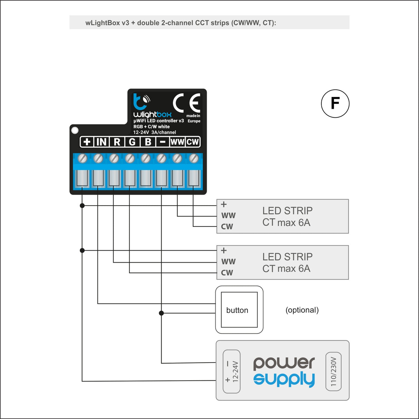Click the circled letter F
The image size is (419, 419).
pyautogui.click(x=335, y=104)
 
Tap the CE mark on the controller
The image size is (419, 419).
pyautogui.click(x=186, y=103)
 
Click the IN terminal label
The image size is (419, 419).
pyautogui.click(x=101, y=142)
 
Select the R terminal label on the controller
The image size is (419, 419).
pyautogui.click(x=117, y=142)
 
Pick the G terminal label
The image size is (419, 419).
pyautogui.click(x=132, y=142)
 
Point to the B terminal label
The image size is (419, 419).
pyautogui.click(x=148, y=142)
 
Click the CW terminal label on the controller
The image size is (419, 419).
pyautogui.click(x=193, y=142)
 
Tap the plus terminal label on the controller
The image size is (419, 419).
pyautogui.click(x=87, y=142)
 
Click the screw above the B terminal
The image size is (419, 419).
pyautogui.click(x=145, y=158)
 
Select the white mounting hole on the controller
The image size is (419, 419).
pyautogui.click(x=75, y=130)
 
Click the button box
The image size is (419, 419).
pyautogui.click(x=239, y=310)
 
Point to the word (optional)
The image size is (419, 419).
pyautogui.click(x=302, y=310)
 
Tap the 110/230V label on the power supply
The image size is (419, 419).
pyautogui.click(x=333, y=371)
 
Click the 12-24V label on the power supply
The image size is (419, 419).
pyautogui.click(x=235, y=371)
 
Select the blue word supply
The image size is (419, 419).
pyautogui.click(x=284, y=380)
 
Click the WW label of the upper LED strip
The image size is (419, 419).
pyautogui.click(x=228, y=216)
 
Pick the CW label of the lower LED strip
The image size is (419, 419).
pyautogui.click(x=227, y=273)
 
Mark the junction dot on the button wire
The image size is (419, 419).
pyautogui.click(x=161, y=313)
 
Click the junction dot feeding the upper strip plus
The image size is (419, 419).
pyautogui.click(x=82, y=206)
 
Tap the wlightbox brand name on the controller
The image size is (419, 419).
pyautogui.click(x=152, y=114)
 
